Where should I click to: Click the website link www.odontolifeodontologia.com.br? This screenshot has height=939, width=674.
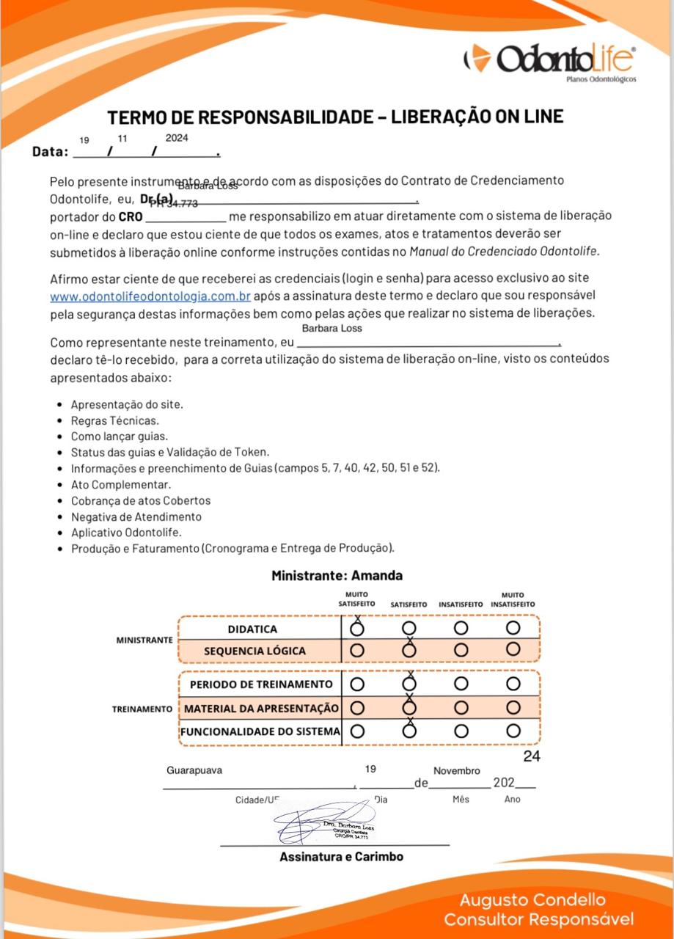(x=150, y=297)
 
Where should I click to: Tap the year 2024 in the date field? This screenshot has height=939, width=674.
(x=177, y=137)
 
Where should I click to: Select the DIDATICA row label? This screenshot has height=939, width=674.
(x=252, y=629)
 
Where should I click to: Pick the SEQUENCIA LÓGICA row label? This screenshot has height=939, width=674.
(x=254, y=651)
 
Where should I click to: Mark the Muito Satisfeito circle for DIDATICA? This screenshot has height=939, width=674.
(x=357, y=629)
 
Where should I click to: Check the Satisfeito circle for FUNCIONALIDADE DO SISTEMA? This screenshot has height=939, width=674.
(x=409, y=731)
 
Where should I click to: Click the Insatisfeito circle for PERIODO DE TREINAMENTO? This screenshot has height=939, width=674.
(x=461, y=684)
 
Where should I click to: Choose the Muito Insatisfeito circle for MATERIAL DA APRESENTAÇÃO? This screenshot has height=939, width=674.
(x=513, y=708)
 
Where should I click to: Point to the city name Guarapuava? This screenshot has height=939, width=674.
(x=194, y=770)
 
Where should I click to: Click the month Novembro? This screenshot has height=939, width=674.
(x=457, y=771)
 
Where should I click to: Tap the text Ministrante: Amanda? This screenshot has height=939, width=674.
(x=337, y=576)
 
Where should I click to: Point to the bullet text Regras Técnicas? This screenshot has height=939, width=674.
(x=114, y=421)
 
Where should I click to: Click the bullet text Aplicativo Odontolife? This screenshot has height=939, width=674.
(x=126, y=532)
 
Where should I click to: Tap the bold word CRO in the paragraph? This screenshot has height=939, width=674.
(x=131, y=217)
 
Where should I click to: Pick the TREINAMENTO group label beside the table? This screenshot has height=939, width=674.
(x=142, y=709)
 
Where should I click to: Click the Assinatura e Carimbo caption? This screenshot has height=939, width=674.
(x=341, y=856)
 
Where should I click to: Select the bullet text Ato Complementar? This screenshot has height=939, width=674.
(x=121, y=484)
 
